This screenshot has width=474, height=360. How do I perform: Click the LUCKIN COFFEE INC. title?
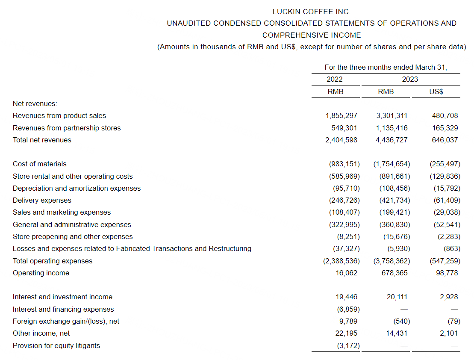311,12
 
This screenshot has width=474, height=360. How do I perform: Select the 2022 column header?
335,79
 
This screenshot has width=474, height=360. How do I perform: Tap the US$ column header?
436,91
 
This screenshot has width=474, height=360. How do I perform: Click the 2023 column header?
410,79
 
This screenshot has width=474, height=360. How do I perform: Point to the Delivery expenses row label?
42,200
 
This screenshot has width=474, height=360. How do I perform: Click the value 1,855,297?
341,115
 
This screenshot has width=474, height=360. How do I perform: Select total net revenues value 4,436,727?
392,140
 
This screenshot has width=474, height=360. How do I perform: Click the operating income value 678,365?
394,273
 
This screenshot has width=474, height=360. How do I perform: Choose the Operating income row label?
41,273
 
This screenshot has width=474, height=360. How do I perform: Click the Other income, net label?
41,333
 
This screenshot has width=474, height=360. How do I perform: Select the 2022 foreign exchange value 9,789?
347,321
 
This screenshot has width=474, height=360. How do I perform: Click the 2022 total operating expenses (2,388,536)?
342,261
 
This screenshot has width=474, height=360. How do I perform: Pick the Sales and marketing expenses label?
62,212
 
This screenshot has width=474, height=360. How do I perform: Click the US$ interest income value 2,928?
449,297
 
